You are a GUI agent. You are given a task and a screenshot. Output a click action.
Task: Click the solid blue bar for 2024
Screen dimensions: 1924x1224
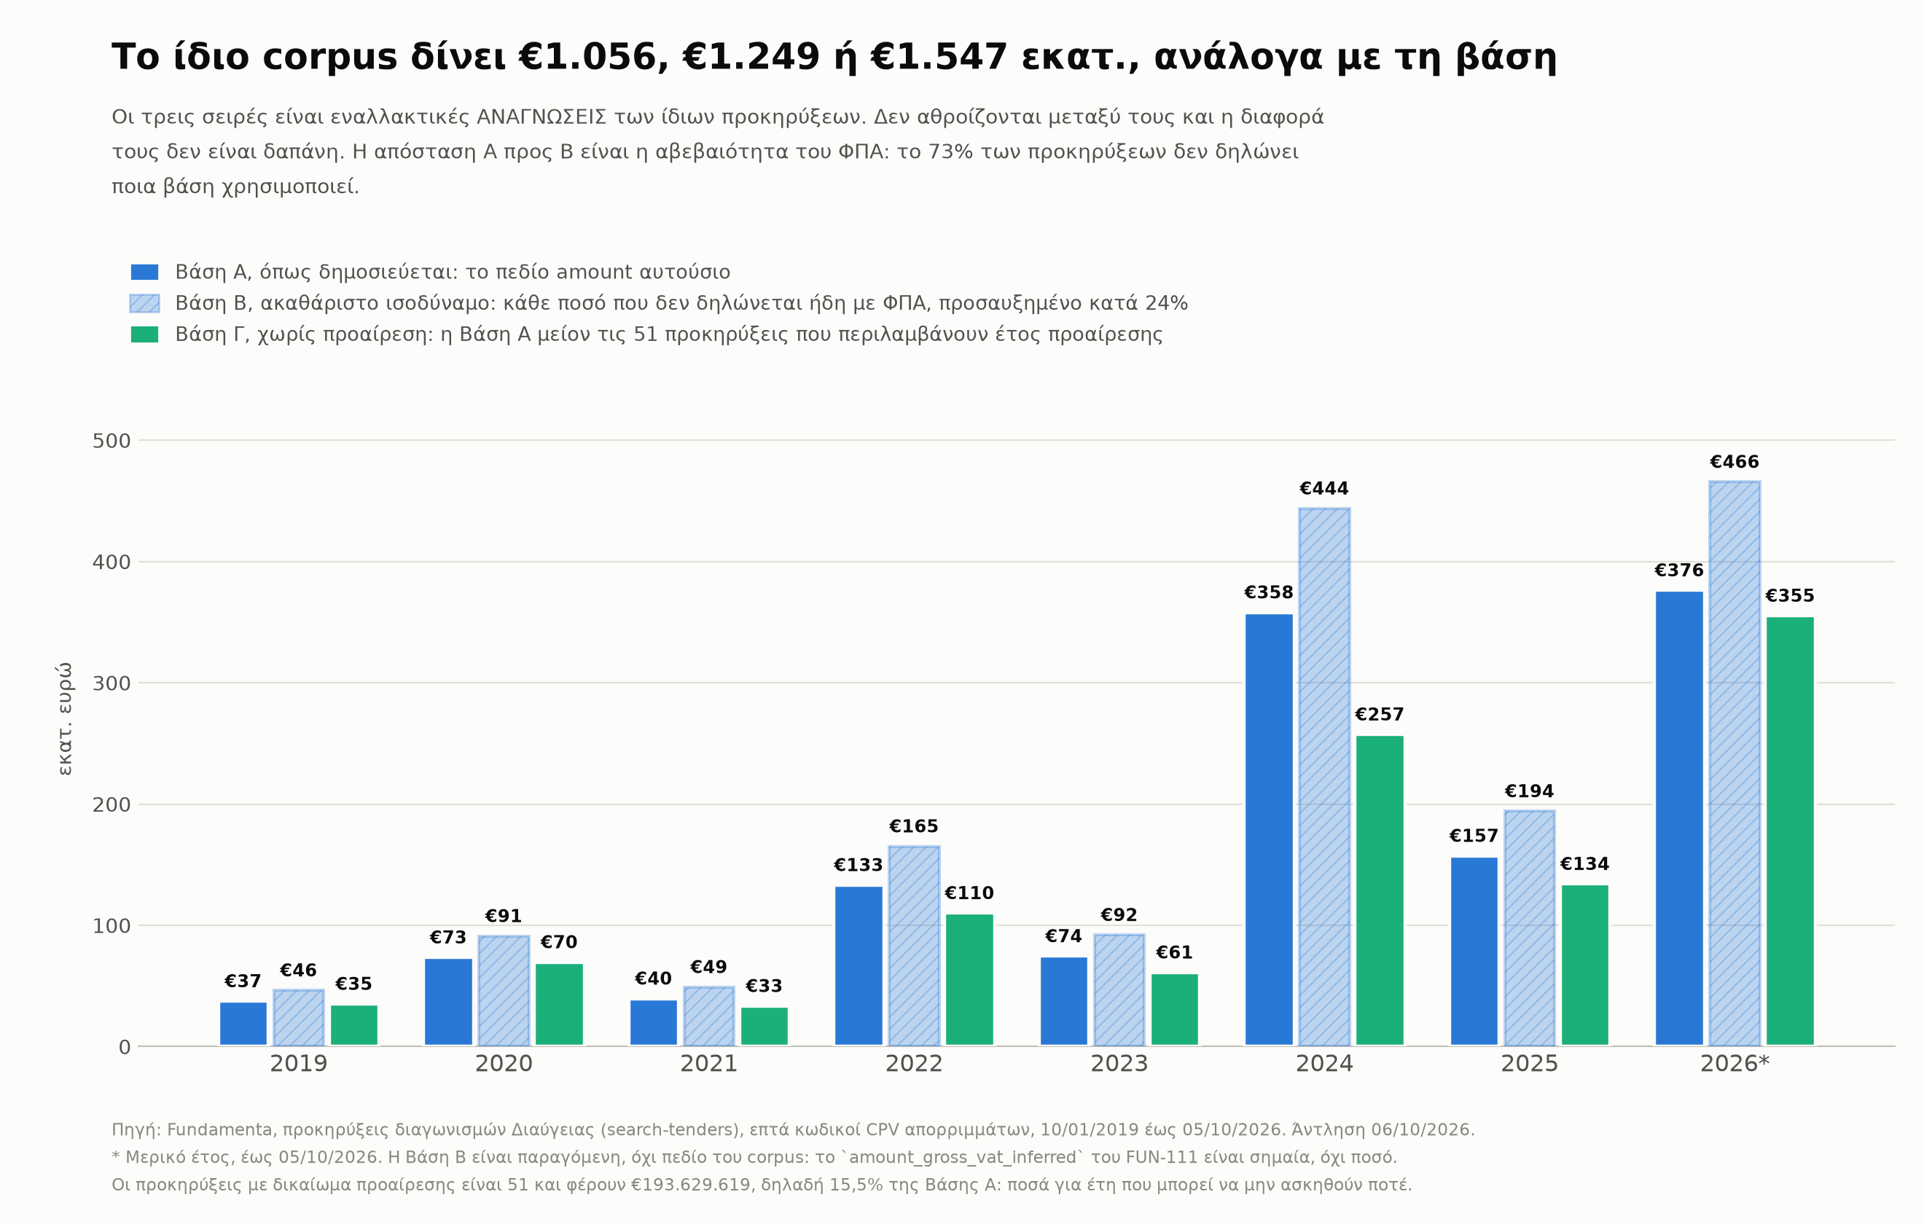(1269, 829)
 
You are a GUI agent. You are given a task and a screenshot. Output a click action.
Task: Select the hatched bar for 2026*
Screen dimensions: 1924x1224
(1735, 763)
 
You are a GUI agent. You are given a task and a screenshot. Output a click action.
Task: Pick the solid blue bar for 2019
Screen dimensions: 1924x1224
(243, 1024)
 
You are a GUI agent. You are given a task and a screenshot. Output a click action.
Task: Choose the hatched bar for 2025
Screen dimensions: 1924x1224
(1529, 928)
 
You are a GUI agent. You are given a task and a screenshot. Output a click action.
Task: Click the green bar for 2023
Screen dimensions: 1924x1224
(1175, 1010)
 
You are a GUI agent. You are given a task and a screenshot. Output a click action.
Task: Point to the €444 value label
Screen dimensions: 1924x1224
(1324, 489)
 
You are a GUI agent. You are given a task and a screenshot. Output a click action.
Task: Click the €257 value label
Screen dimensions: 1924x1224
(1379, 715)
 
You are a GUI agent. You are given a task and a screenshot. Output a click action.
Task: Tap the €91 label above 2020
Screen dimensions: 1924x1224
(504, 917)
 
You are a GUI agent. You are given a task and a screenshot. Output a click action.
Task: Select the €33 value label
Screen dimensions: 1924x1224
(764, 986)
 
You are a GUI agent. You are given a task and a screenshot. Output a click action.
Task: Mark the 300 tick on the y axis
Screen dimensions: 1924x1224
(111, 683)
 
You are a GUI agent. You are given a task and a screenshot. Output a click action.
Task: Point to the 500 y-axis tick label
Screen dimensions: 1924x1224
(111, 441)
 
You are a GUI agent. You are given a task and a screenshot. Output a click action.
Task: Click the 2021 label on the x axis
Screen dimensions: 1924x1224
(708, 1064)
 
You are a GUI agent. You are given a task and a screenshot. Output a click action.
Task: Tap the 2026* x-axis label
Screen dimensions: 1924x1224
(1735, 1064)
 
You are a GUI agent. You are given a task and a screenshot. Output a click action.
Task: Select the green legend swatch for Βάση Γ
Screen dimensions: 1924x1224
(144, 334)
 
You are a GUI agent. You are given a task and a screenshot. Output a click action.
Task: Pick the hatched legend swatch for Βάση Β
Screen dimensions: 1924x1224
(144, 304)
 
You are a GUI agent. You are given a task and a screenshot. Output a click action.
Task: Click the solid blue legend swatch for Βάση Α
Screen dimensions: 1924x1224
(144, 272)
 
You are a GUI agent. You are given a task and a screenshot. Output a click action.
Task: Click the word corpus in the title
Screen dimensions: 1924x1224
(330, 58)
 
